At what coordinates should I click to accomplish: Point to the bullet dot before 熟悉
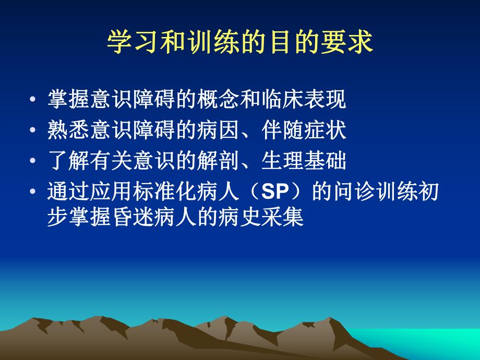34,131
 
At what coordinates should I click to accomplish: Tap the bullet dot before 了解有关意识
34,162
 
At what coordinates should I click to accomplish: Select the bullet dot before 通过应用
34,193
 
